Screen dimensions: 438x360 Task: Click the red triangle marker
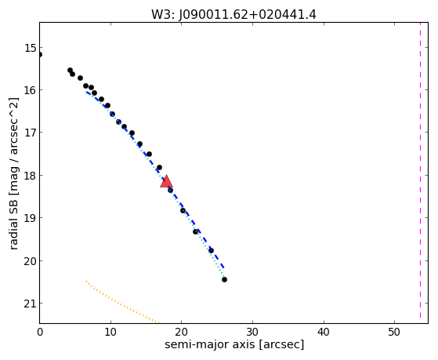click(166, 181)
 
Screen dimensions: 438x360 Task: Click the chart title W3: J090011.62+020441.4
click(233, 15)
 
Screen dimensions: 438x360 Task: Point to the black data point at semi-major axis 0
click(40, 54)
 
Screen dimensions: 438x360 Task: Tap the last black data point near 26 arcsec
click(224, 279)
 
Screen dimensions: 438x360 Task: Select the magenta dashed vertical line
click(420, 170)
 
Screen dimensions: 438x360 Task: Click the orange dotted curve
click(122, 302)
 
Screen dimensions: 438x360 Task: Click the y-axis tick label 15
click(31, 48)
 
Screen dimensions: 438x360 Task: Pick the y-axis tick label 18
click(31, 176)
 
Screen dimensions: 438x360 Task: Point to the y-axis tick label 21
click(31, 304)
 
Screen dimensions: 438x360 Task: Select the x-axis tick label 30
click(252, 332)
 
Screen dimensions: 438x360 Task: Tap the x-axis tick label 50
click(394, 332)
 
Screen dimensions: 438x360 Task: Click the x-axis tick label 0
click(40, 332)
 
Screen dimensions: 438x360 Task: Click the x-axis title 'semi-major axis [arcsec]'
click(234, 344)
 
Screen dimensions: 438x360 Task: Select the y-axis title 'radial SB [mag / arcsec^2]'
click(13, 173)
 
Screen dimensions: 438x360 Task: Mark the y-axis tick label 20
click(31, 260)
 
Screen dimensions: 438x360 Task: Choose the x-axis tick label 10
click(110, 332)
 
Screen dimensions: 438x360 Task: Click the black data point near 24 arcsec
click(212, 250)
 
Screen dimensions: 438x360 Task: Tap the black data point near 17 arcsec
click(159, 168)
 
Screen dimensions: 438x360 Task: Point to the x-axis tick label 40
click(324, 332)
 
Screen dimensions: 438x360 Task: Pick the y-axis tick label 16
click(31, 90)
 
